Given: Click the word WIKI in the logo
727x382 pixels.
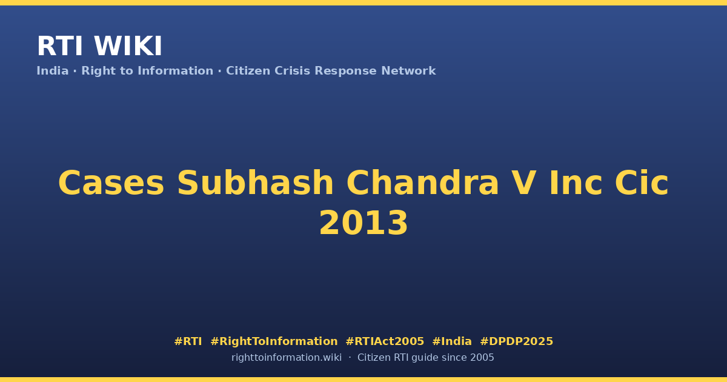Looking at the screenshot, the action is coord(128,46).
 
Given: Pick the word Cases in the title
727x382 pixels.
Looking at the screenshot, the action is coord(111,183).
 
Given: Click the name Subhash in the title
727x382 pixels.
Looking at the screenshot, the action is coord(255,183).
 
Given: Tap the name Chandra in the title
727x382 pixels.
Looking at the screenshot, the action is coord(422,183).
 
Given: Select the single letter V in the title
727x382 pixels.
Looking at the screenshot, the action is coord(524,183).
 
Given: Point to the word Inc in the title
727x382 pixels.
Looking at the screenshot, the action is coord(576,183).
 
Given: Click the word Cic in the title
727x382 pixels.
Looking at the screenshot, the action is coord(642,183).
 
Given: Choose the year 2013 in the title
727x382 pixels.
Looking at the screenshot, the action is coord(363,223).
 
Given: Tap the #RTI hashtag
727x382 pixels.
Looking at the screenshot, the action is coord(188,341).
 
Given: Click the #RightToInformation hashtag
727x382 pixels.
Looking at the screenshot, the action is coord(274,341).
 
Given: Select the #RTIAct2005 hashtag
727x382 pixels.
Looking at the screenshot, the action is coord(385,341).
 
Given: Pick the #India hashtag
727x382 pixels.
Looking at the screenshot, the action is coord(452,341).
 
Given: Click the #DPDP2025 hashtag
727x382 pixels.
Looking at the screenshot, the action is coord(516,341).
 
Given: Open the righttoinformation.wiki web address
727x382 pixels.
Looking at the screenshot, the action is coord(286,358).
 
